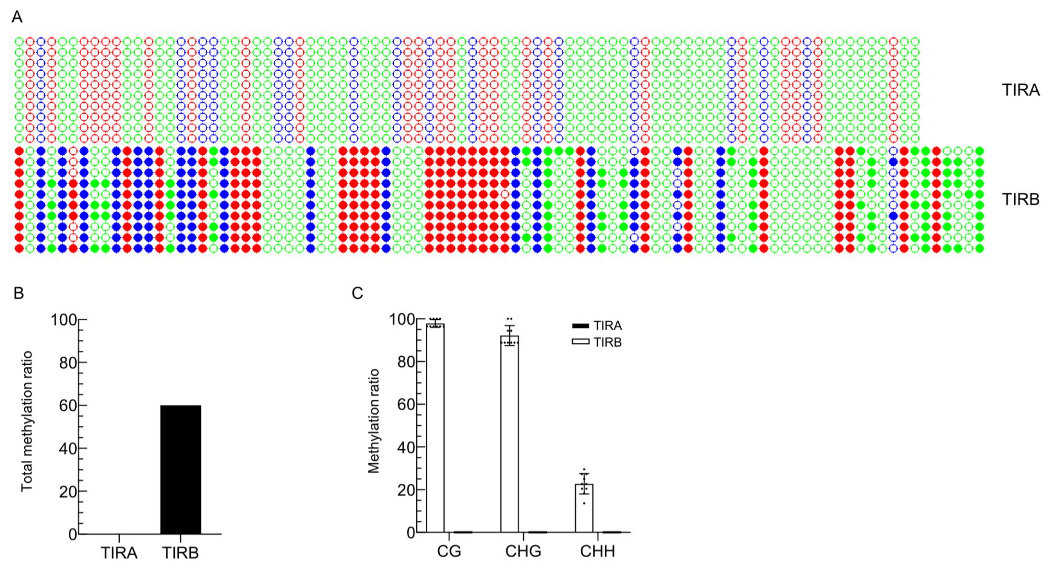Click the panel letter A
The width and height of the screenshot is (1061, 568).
point(17,18)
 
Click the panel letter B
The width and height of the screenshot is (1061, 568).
point(19,293)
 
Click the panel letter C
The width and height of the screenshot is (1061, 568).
point(357,293)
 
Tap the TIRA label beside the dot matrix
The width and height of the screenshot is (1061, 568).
point(1020,91)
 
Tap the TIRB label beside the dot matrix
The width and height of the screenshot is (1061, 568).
point(1020,199)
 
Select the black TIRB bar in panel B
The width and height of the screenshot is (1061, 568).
point(180,469)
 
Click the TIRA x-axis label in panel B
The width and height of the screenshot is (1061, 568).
point(119,553)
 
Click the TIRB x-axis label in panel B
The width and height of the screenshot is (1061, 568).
point(180,553)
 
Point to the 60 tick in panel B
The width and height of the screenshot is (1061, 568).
point(68,406)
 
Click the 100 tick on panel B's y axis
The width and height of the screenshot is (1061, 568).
point(64,320)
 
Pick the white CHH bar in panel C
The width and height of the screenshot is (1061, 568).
point(584,508)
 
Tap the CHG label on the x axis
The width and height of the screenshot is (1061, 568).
point(523,552)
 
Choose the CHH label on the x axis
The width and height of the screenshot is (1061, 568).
point(598,552)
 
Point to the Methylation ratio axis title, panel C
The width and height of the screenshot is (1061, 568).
point(374,421)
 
